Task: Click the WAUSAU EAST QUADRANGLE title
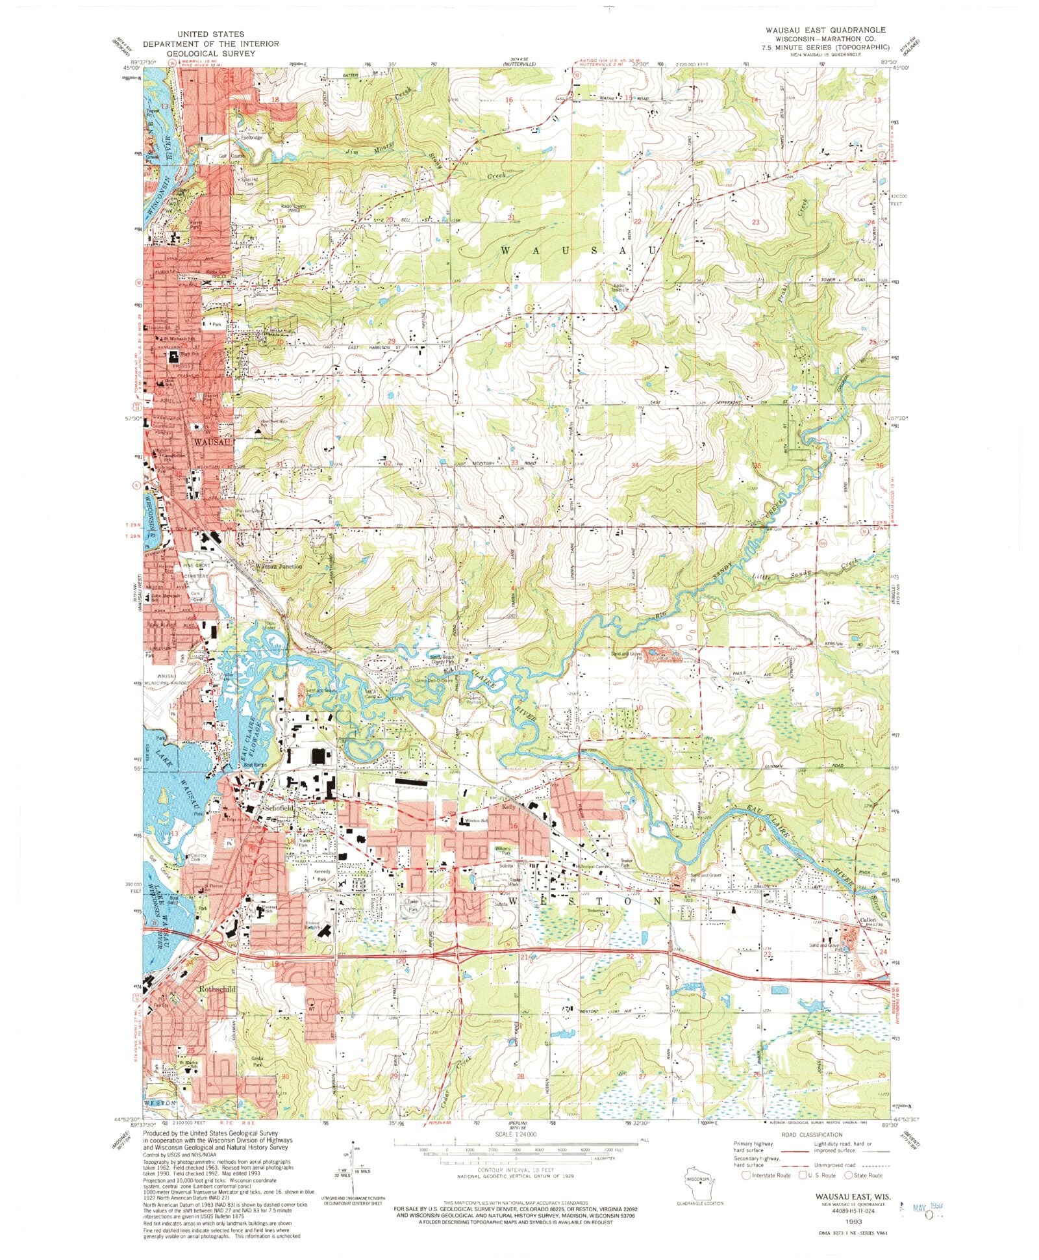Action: (834, 31)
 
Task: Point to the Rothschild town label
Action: (217, 989)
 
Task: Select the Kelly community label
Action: (509, 806)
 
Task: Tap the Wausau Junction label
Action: (279, 566)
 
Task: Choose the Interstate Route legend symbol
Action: (747, 1175)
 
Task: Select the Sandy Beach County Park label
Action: (444, 660)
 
